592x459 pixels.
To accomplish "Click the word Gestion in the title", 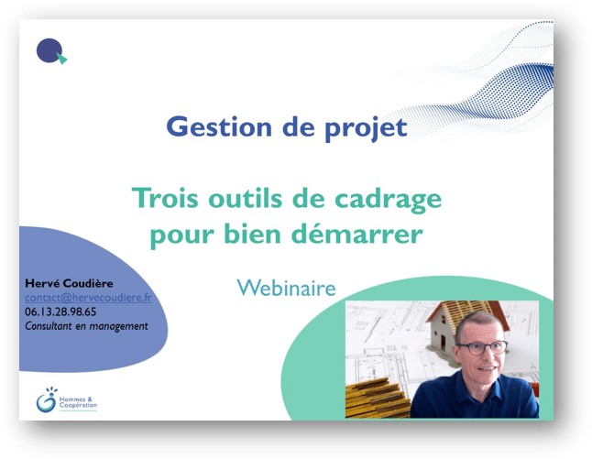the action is (219, 126).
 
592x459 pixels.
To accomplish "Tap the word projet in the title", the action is (366, 128).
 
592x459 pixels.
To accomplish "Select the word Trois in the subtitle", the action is (165, 197).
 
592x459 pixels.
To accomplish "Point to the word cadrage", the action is (389, 200).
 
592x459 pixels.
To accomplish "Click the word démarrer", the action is (357, 233).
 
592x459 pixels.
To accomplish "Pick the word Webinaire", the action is (286, 288).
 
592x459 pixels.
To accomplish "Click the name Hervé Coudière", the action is (69, 283).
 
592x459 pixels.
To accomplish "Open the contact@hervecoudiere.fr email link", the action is (88, 298).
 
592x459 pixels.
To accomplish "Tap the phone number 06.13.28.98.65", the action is (60, 311).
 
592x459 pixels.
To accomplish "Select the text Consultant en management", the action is (86, 326).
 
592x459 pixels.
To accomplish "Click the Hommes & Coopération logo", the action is (67, 400).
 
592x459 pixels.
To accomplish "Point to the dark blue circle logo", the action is (49, 50).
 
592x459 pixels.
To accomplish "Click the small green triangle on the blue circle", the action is (62, 58).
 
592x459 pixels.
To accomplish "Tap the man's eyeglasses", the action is (483, 347).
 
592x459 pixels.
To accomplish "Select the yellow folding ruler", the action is (378, 399).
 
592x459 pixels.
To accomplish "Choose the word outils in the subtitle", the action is (246, 197).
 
